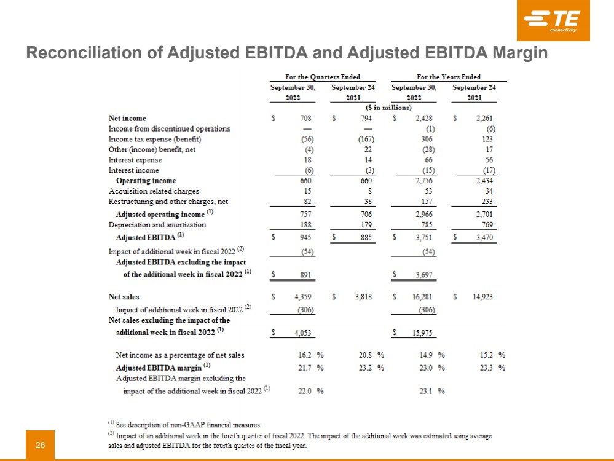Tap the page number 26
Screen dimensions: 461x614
click(41, 445)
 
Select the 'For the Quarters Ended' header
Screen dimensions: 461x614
click(323, 77)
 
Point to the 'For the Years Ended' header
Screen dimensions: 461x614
click(449, 77)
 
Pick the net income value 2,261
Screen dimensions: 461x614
click(484, 118)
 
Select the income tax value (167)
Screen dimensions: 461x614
click(366, 139)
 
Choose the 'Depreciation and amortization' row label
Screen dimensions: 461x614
click(157, 225)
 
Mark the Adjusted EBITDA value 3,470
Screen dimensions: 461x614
click(484, 237)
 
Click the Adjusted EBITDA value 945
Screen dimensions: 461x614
click(305, 237)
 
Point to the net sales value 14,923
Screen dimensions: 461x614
click(482, 297)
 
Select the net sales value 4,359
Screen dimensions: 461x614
click(302, 297)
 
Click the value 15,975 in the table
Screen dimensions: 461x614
click(422, 333)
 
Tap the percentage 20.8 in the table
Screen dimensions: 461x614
click(366, 355)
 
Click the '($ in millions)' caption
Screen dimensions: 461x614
click(388, 108)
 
